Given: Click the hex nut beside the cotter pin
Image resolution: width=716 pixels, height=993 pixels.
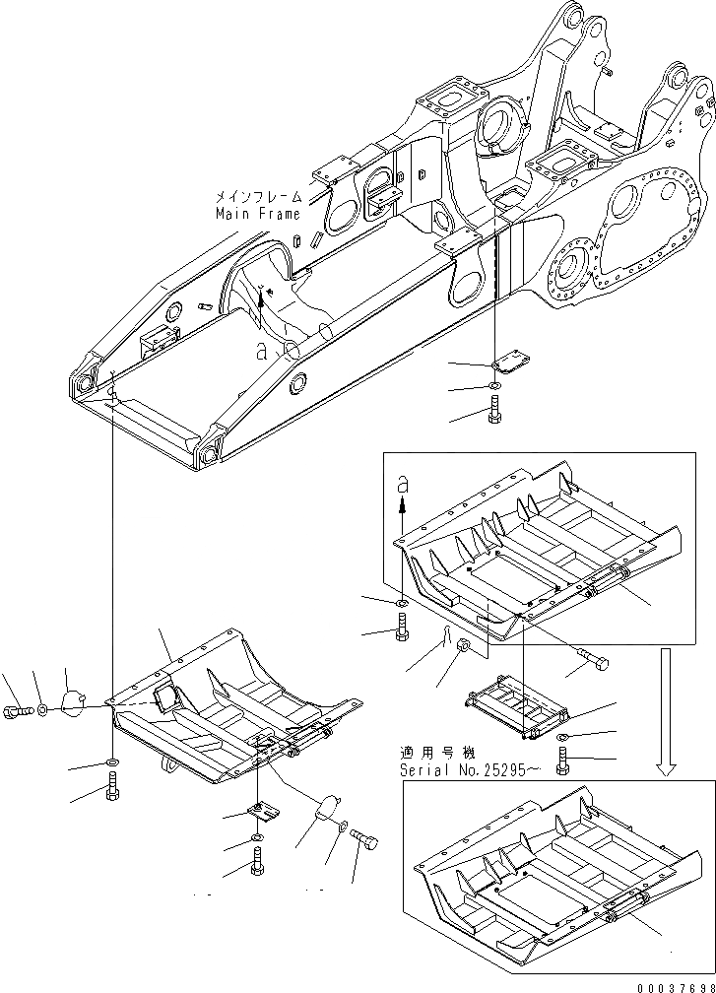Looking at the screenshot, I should [466, 647].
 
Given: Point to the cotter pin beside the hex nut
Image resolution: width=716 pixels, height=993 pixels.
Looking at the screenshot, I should [444, 643].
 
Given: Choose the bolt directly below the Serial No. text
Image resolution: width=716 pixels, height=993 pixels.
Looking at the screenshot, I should [563, 761].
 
